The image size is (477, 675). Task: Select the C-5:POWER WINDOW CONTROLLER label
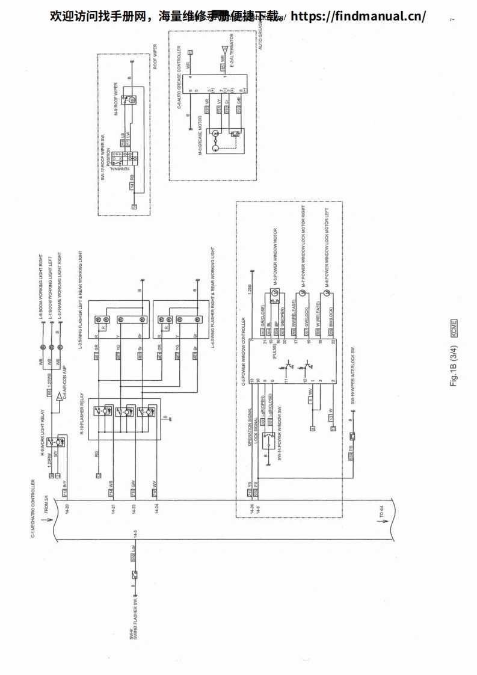point(243,352)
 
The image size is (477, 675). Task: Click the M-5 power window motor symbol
point(275,293)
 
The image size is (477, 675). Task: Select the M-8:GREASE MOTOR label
point(199,138)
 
